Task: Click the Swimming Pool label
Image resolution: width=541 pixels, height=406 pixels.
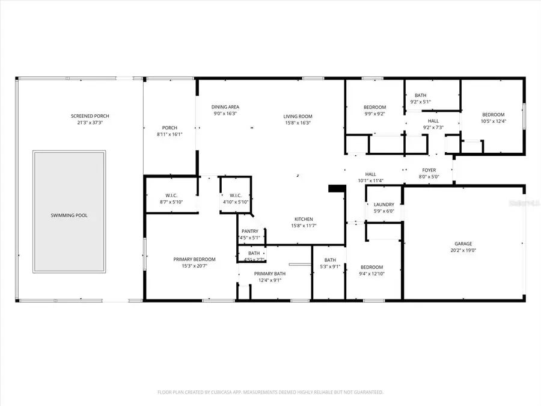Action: point(69,215)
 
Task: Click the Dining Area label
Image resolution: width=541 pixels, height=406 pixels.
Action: point(226,107)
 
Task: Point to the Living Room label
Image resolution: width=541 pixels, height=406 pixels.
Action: point(298,117)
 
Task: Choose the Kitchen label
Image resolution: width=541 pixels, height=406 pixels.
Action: point(303,219)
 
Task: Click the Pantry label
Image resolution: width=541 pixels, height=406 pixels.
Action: point(250,231)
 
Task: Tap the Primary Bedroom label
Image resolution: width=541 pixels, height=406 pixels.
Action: point(194,259)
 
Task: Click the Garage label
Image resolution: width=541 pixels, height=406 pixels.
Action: point(463,244)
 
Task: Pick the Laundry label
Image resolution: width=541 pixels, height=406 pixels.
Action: point(384,205)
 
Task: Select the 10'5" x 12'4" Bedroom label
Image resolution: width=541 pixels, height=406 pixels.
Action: point(493,114)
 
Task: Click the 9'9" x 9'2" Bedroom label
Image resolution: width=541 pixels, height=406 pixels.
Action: point(374,107)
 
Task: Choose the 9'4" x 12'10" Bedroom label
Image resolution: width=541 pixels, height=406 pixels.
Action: point(371,267)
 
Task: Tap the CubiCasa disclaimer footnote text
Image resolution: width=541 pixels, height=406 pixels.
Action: point(270,392)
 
